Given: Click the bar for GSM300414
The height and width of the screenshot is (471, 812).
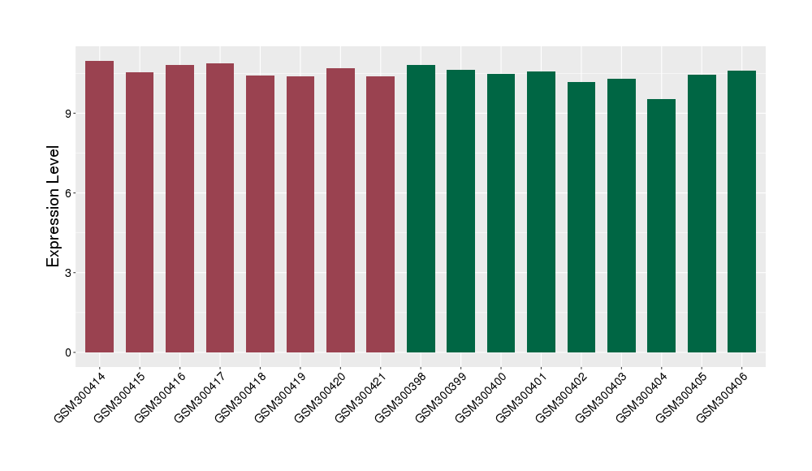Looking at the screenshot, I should [99, 207].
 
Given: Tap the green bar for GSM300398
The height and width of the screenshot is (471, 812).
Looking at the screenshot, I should [421, 209].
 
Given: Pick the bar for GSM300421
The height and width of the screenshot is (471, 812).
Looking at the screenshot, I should [380, 214].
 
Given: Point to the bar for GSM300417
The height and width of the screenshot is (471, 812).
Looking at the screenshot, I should [220, 208].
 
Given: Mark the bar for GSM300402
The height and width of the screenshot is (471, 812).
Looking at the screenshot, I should [581, 217].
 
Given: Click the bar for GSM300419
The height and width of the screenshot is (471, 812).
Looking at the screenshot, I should [300, 214].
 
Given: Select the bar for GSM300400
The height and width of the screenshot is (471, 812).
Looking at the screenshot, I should [501, 213].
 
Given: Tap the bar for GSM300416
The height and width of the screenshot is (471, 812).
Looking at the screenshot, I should [179, 209].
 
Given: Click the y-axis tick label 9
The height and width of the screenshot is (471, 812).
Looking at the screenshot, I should [71, 113].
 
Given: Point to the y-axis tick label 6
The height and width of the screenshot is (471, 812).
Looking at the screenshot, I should [71, 192].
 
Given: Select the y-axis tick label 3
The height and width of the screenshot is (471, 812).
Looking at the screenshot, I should [71, 273].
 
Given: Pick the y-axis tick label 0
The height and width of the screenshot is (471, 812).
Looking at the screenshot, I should [71, 352].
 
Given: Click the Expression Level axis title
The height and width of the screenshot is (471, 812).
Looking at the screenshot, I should [54, 206].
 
